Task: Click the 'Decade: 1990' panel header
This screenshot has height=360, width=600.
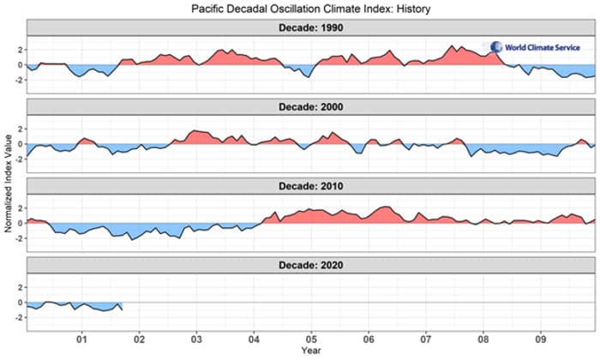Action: tap(309, 27)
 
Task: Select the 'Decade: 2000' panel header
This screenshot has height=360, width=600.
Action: tap(309, 107)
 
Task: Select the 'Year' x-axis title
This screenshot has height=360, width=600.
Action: tap(309, 351)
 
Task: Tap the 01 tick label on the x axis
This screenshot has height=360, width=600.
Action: tap(82, 338)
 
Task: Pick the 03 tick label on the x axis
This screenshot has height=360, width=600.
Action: tap(196, 338)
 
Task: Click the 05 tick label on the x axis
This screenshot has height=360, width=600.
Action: tap(310, 338)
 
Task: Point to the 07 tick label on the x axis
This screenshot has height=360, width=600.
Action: tap(425, 338)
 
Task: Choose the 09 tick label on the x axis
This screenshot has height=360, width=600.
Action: tap(539, 338)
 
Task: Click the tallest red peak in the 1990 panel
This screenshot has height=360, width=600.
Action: tap(453, 46)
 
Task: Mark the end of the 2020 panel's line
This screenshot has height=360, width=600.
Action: tap(122, 309)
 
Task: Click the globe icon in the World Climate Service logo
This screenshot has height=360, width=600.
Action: tap(496, 47)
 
